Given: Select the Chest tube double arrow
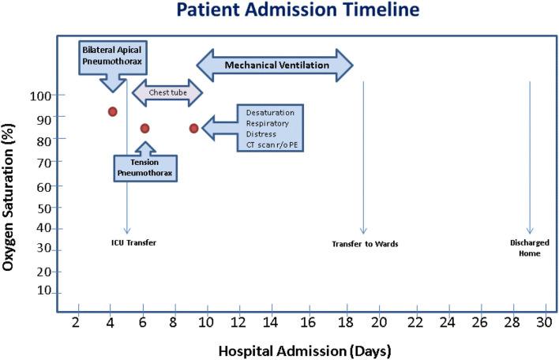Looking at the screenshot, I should [167, 92].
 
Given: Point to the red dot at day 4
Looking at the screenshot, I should [113, 111].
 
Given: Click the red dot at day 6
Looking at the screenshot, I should [144, 128].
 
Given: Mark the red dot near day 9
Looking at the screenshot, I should [193, 128].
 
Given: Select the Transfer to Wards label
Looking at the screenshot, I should [365, 244].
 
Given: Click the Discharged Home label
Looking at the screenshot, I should [529, 248].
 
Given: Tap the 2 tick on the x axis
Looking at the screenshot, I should [77, 322].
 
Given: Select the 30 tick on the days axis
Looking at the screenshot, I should [544, 322].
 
